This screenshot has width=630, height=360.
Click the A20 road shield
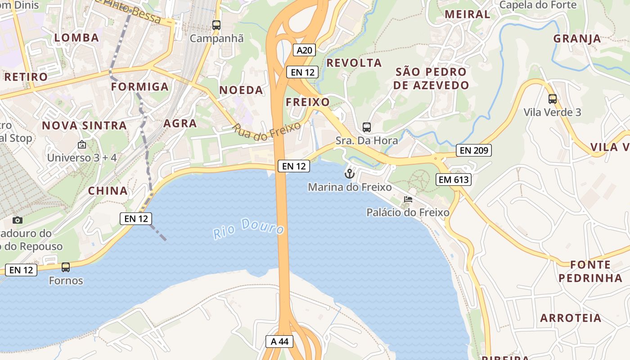(x=304, y=50)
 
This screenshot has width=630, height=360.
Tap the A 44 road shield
(x=279, y=341)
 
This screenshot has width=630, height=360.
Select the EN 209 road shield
(x=473, y=150)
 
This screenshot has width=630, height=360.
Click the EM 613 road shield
(x=454, y=180)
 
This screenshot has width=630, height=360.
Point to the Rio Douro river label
(x=249, y=228)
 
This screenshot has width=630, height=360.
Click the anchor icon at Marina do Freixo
(x=350, y=173)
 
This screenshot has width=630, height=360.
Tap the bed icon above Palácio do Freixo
(x=408, y=199)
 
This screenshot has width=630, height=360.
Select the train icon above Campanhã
(x=216, y=25)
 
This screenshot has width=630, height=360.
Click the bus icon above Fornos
(x=66, y=267)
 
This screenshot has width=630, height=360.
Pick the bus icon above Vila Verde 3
(x=552, y=99)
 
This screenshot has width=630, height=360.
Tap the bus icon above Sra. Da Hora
(x=367, y=127)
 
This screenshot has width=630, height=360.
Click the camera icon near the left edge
(x=18, y=220)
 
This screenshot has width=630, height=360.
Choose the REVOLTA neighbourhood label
(x=354, y=63)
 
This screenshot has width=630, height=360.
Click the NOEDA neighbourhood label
(x=241, y=90)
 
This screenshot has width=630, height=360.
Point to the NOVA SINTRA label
(x=85, y=126)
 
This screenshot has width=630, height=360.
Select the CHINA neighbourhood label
(x=108, y=191)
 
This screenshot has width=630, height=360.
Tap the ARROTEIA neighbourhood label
(x=571, y=318)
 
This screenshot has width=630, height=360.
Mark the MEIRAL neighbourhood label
(x=467, y=14)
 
